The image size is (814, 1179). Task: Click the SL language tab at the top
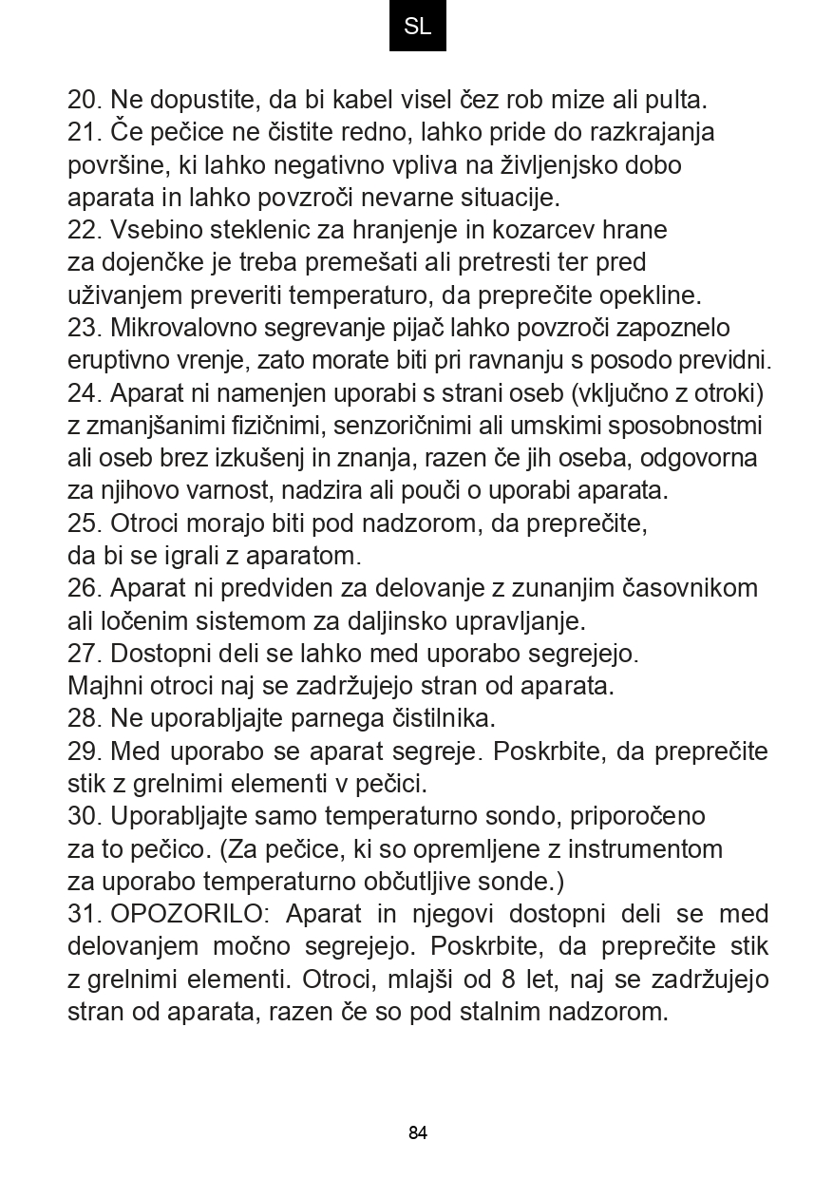point(417,27)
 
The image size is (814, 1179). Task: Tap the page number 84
point(418,1132)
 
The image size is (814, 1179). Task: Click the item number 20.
point(85,100)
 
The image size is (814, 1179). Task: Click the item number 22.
point(85,230)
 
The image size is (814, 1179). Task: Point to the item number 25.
point(85,523)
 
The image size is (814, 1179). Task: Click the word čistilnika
point(438,717)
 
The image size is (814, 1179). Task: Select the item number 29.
point(85,751)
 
